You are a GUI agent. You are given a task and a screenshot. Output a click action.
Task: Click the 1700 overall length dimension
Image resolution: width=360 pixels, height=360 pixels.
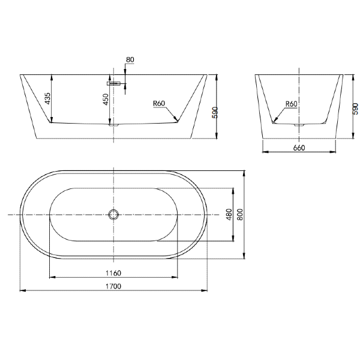coord(113,286)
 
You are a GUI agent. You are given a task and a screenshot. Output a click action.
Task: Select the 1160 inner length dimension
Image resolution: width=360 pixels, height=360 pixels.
coord(113,273)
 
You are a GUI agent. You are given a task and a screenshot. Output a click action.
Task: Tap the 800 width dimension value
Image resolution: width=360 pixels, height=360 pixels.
coord(239,214)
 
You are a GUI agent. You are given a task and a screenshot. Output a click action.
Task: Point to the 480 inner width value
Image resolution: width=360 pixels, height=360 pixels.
coord(229,214)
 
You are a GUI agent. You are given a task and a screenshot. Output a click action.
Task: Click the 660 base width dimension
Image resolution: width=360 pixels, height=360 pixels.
coord(299,148)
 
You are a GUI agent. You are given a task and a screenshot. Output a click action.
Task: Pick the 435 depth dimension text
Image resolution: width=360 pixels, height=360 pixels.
coord(48,98)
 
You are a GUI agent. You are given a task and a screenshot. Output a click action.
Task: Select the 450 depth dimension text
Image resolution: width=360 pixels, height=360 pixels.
coord(106,99)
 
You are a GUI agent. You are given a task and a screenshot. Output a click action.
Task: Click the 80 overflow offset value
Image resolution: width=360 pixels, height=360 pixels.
coord(130,59)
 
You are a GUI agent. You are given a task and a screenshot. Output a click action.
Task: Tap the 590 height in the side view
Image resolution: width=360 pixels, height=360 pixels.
coord(215,113)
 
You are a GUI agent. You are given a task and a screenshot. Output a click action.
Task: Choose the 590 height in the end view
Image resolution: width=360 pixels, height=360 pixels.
coord(355,109)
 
